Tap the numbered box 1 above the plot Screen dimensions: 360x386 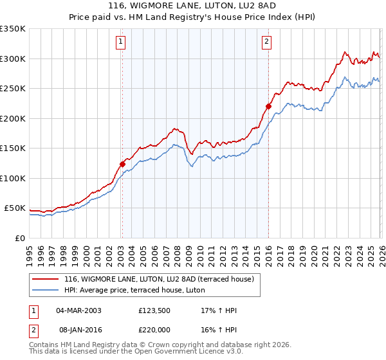point(120,42)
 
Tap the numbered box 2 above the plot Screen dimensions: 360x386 point(266,42)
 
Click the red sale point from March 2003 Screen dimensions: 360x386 point(122,164)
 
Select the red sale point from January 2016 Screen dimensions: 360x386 point(268,107)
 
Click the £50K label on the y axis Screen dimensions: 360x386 point(15,208)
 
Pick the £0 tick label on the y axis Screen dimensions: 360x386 point(20,239)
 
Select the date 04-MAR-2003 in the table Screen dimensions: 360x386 point(78,310)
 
